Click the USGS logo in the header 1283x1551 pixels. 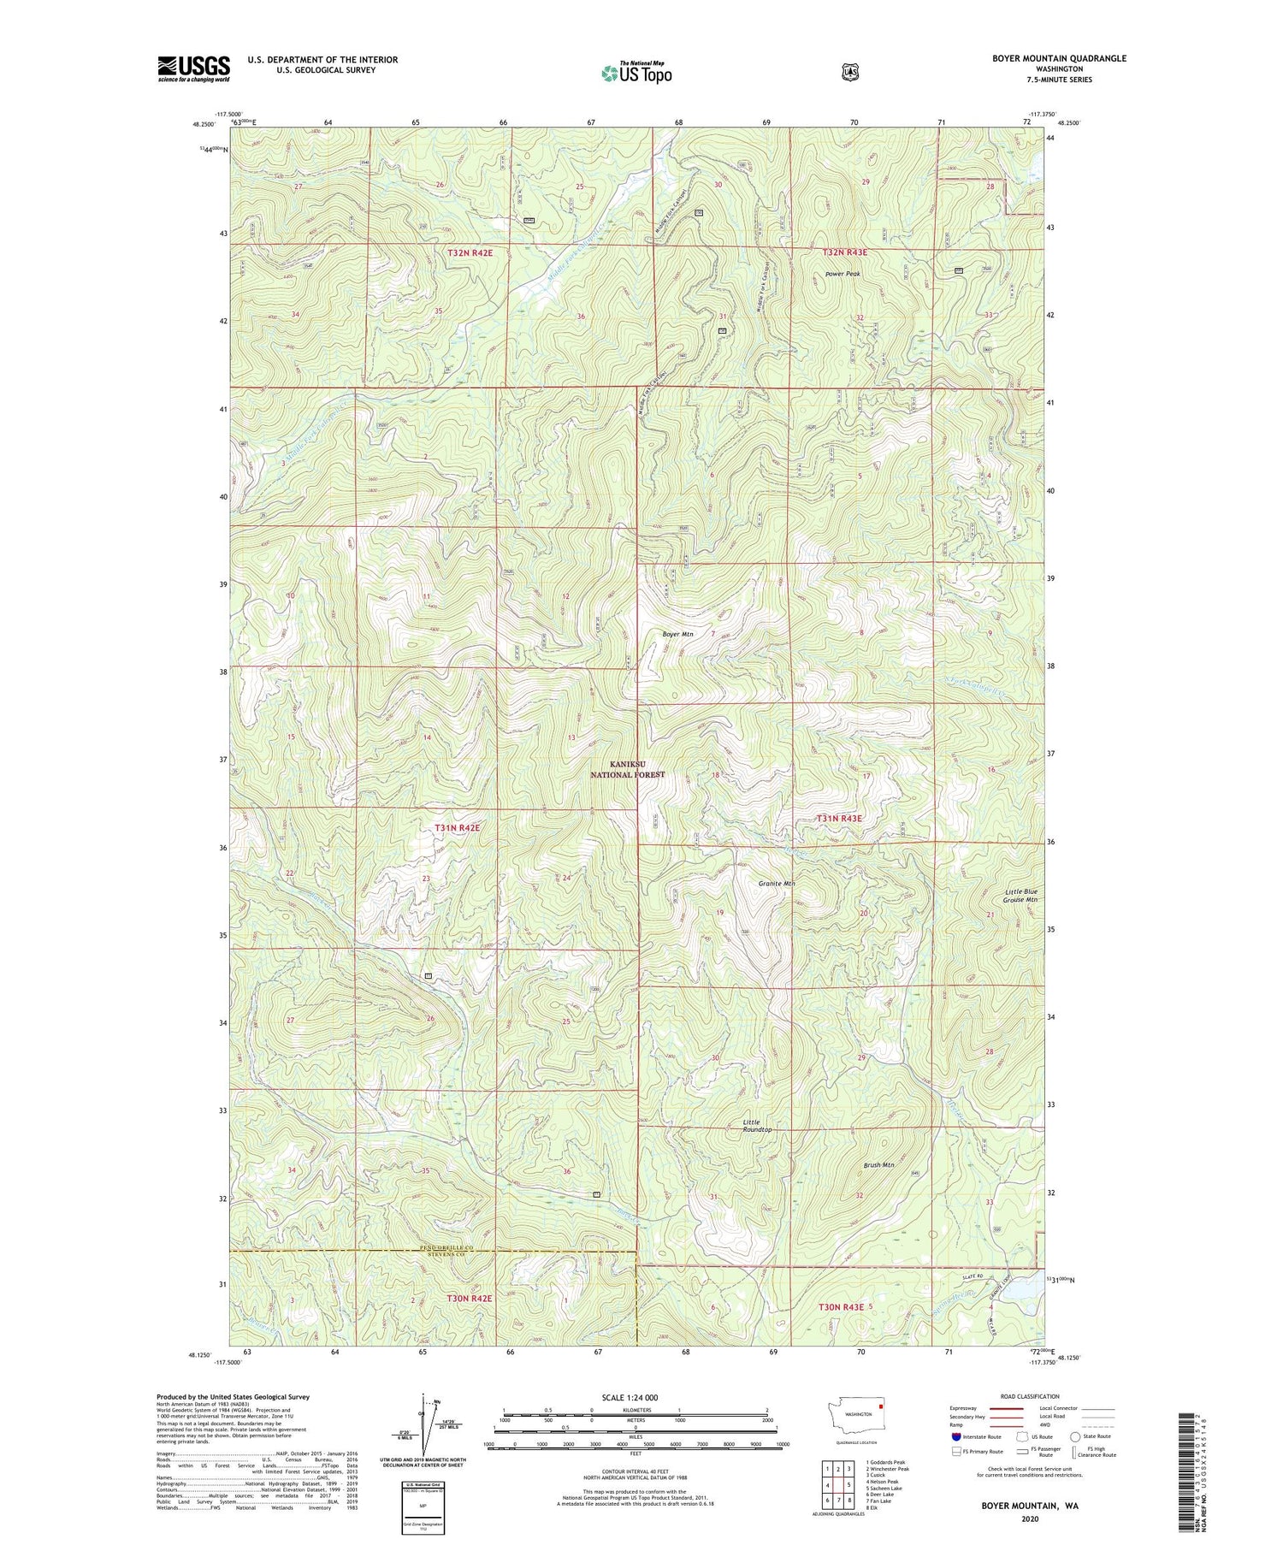click(193, 68)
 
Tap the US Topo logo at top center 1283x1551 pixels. click(636, 72)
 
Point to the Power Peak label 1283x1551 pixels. click(843, 274)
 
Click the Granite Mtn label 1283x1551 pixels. click(777, 884)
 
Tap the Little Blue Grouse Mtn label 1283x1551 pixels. click(1020, 896)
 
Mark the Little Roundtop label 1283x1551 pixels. click(757, 1125)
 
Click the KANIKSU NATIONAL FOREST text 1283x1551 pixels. click(628, 769)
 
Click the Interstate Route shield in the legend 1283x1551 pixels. click(956, 1437)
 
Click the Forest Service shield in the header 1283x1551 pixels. click(849, 72)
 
